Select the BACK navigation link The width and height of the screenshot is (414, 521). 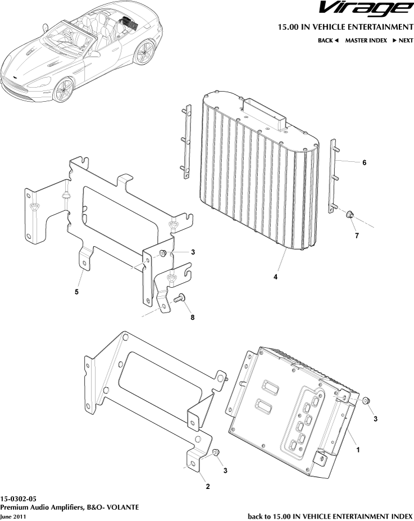click(x=328, y=40)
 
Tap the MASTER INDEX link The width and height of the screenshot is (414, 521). click(x=366, y=40)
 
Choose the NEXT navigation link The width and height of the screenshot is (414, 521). click(x=402, y=40)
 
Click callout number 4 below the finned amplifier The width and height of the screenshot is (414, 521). click(x=275, y=277)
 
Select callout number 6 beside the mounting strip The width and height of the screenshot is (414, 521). click(x=364, y=162)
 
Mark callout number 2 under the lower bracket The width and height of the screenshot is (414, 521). click(x=207, y=486)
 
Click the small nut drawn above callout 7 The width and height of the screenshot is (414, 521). click(x=349, y=214)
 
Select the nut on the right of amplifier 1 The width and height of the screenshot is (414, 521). click(x=365, y=401)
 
